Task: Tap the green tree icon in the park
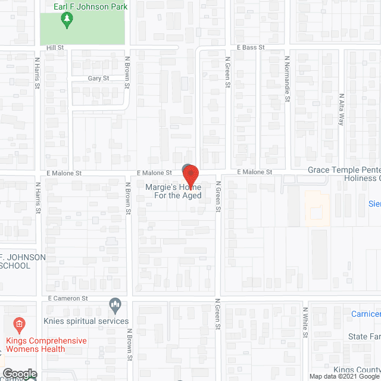[x=67, y=21]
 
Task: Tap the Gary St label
[x=98, y=78]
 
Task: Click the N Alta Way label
[x=341, y=109]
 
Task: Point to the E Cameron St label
[x=68, y=298]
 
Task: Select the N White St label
[x=304, y=322]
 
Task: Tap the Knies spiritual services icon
[x=115, y=307]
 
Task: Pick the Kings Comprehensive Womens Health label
[x=46, y=345]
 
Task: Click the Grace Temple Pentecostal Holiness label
[x=343, y=174]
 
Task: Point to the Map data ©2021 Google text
[x=342, y=376]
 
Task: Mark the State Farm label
[x=364, y=337]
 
